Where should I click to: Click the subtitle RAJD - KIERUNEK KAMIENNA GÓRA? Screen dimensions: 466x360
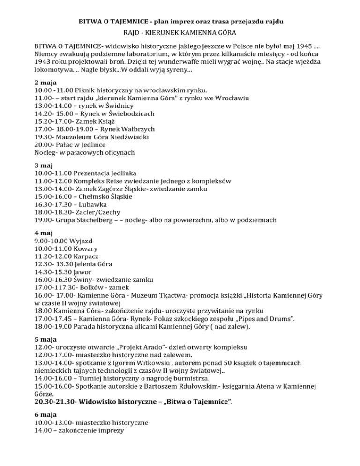pos(180,34)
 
